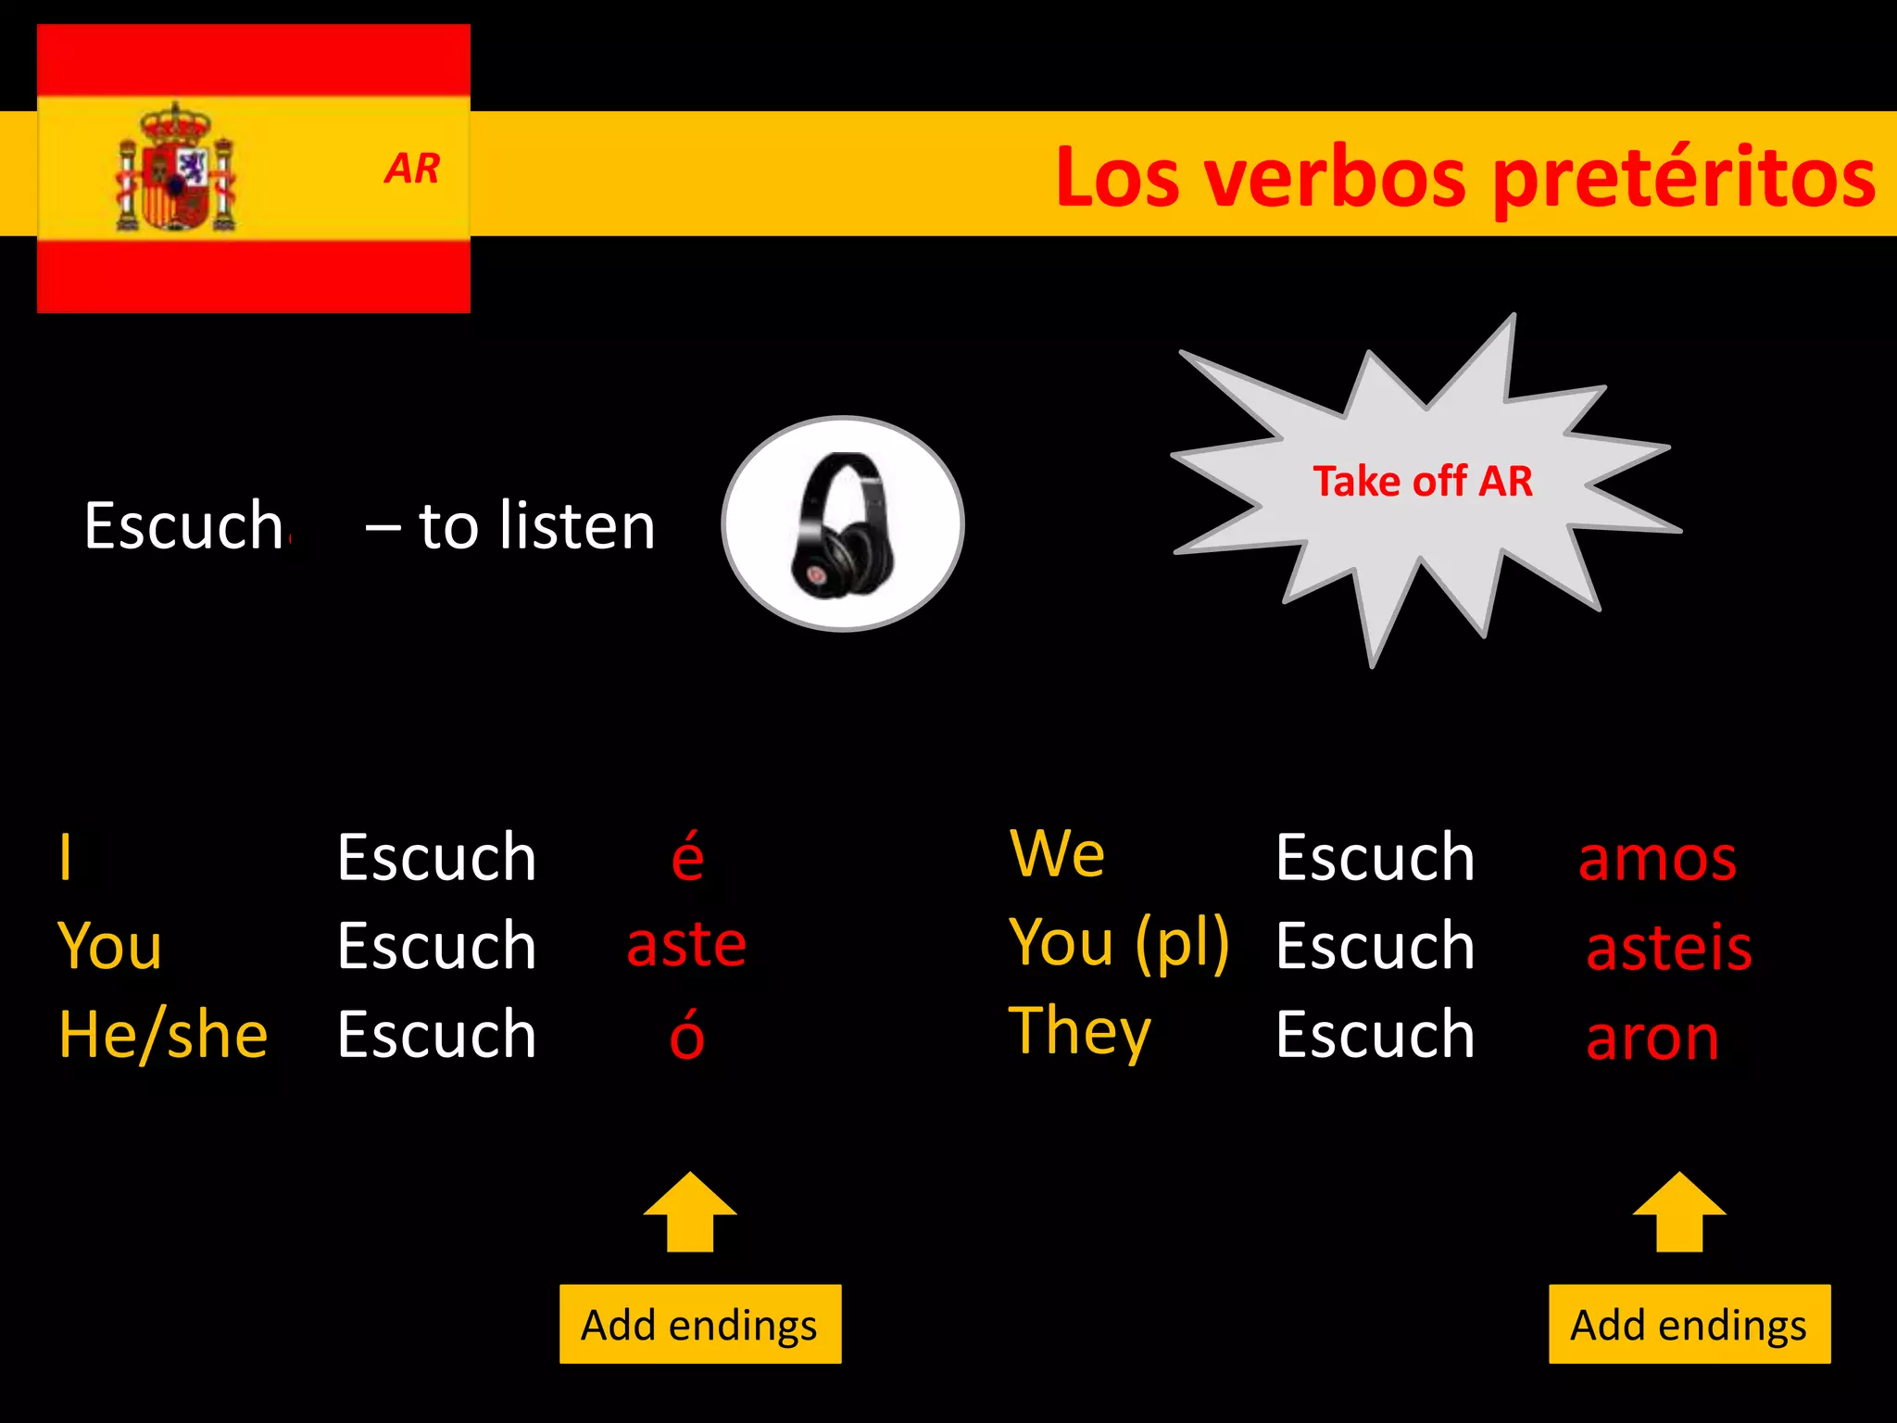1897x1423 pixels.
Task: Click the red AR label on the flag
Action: pyautogui.click(x=412, y=169)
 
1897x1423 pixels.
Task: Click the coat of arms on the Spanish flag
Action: pyautogui.click(x=175, y=170)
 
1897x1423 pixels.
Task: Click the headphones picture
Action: pyautogui.click(x=843, y=524)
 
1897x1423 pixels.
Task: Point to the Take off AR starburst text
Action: pyautogui.click(x=1423, y=482)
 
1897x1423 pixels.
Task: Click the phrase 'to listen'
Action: pyautogui.click(x=537, y=526)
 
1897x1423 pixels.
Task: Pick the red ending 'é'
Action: pyautogui.click(x=687, y=856)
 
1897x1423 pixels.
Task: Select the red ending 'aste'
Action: pyautogui.click(x=686, y=944)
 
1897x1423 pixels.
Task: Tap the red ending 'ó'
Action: pyautogui.click(x=687, y=1035)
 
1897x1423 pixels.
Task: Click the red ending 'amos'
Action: pyautogui.click(x=1657, y=858)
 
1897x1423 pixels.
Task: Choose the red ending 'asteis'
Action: pyautogui.click(x=1669, y=948)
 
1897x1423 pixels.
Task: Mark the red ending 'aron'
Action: pyautogui.click(x=1652, y=1038)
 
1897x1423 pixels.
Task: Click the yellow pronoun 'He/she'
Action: pyautogui.click(x=163, y=1035)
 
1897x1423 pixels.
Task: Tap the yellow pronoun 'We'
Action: pyautogui.click(x=1057, y=853)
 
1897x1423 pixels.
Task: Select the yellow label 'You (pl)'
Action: pyautogui.click(x=1119, y=944)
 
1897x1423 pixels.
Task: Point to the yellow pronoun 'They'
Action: pyautogui.click(x=1079, y=1032)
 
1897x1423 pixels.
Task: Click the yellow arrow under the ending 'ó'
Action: pyautogui.click(x=690, y=1213)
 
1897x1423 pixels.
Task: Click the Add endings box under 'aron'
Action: pyautogui.click(x=1689, y=1324)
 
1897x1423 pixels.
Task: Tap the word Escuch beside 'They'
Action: pyautogui.click(x=1375, y=1035)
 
